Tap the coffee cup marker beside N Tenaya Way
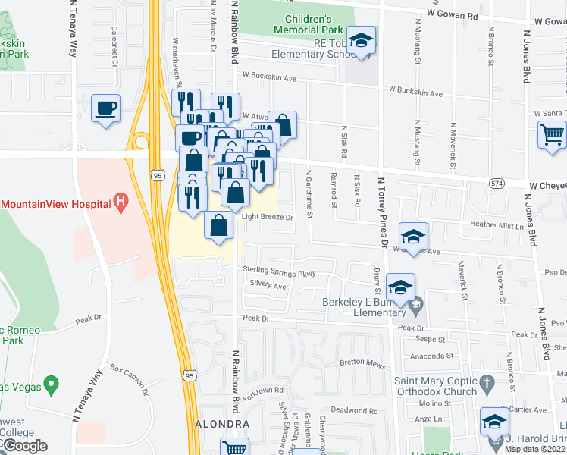[x=105, y=108]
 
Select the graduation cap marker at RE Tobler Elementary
[x=362, y=41]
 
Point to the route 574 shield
[x=497, y=184]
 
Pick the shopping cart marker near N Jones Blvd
[x=552, y=135]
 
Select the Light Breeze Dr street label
[x=267, y=217]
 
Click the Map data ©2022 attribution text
[x=535, y=449]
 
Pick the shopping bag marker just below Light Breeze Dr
[x=219, y=227]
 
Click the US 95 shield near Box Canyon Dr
[x=190, y=375]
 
